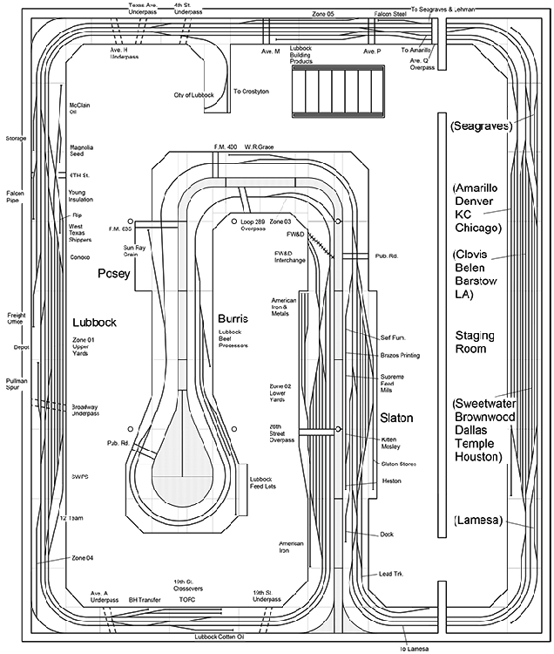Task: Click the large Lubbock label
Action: (94, 323)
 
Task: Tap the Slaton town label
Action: (397, 419)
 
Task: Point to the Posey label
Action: (113, 273)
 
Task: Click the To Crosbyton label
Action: (250, 91)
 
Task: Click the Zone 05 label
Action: (323, 14)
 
